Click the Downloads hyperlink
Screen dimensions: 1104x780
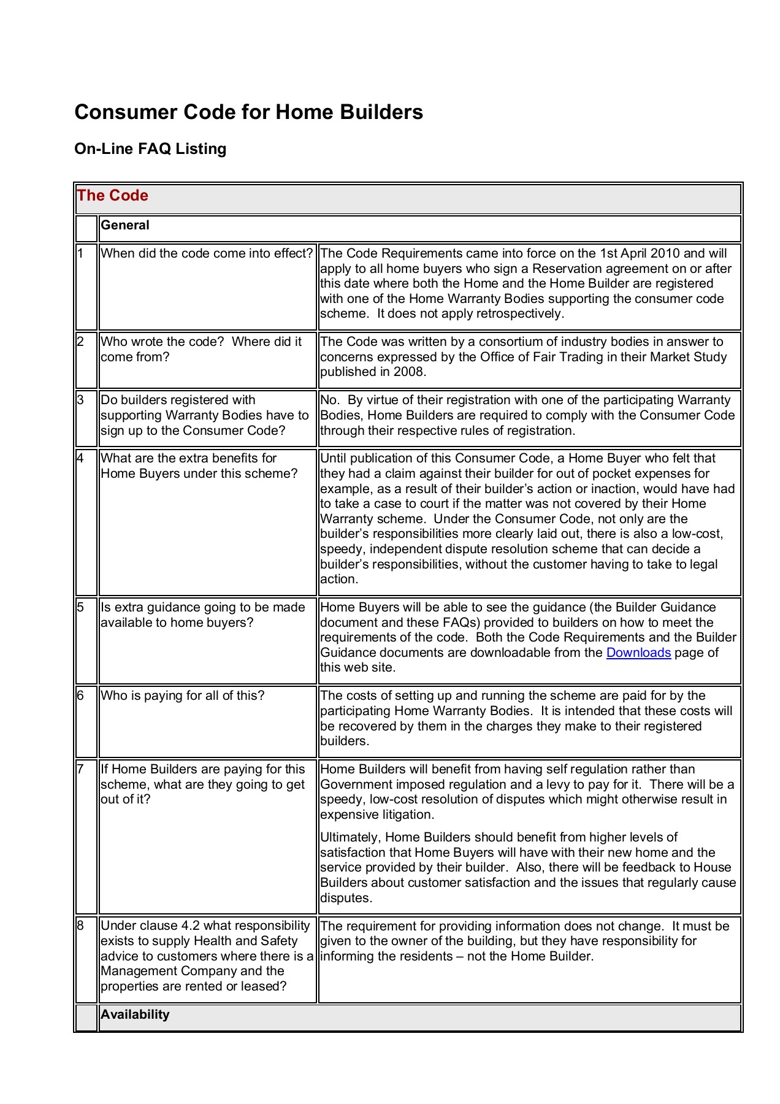(638, 653)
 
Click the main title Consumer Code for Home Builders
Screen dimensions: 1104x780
(248, 112)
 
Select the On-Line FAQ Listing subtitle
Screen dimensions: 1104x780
(150, 149)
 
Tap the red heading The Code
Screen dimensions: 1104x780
(113, 196)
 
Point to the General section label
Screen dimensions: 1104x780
(125, 225)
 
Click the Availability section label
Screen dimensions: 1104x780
(135, 1014)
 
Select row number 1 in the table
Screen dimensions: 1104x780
(80, 253)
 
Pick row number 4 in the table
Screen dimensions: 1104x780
(80, 458)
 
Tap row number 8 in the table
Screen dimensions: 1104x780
(80, 926)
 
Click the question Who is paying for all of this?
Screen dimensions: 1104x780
(183, 696)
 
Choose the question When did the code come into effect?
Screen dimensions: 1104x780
(207, 253)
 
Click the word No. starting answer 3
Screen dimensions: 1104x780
(330, 400)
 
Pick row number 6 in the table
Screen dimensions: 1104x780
(80, 696)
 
